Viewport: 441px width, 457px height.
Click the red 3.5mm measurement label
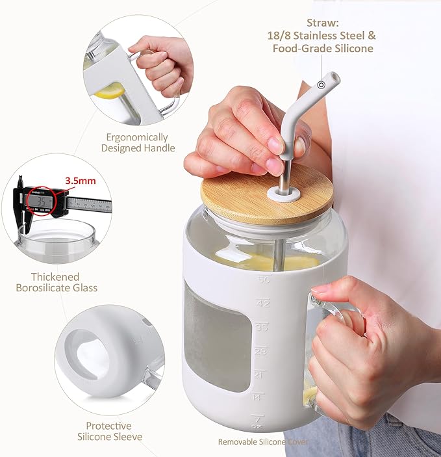(x=81, y=181)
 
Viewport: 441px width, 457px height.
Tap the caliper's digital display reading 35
(x=40, y=201)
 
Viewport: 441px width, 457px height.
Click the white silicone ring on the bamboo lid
(x=284, y=194)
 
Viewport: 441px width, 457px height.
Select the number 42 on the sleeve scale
(x=263, y=303)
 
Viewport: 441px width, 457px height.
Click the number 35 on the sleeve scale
(x=261, y=327)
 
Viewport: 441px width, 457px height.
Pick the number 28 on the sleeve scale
(x=260, y=351)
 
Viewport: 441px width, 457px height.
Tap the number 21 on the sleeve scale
(x=259, y=374)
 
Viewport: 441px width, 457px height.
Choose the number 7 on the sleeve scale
(x=257, y=420)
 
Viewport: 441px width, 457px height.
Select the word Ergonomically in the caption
(x=137, y=137)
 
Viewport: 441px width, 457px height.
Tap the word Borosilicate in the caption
(x=43, y=288)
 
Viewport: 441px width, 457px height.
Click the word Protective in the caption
(x=108, y=426)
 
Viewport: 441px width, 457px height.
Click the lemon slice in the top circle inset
(x=110, y=91)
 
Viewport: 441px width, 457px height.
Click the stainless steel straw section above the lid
(x=285, y=174)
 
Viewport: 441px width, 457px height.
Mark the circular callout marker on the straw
(x=321, y=85)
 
